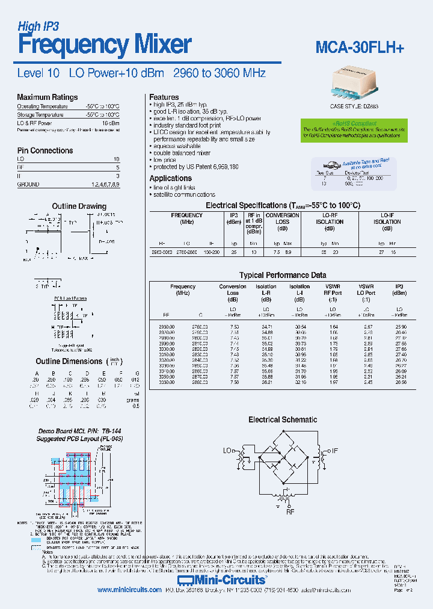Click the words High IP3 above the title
38,26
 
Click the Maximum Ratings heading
47,97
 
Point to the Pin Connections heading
45,150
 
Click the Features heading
164,97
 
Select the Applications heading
170,178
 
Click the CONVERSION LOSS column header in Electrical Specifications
282,221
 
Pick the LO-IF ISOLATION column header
387,221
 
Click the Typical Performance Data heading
283,275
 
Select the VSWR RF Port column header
333,293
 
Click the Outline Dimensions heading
69,361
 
